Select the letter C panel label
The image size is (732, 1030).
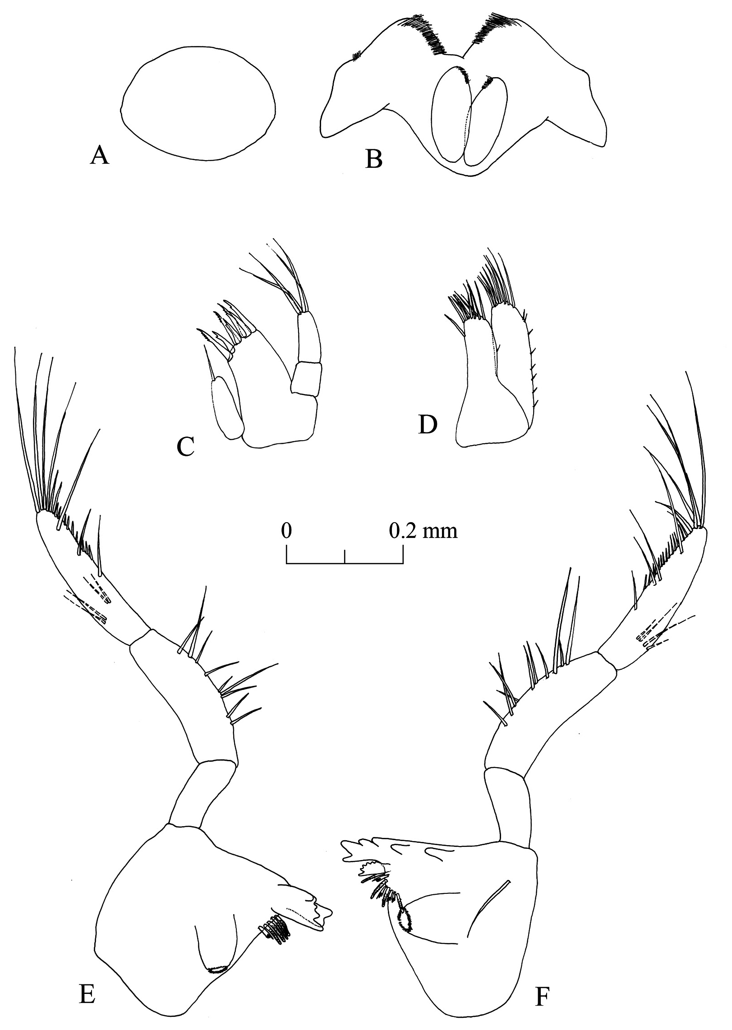pyautogui.click(x=186, y=446)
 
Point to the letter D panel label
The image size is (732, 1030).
pyautogui.click(x=428, y=424)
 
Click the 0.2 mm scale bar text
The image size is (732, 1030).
pyautogui.click(x=424, y=531)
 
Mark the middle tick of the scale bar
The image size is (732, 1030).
pyautogui.click(x=345, y=556)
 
